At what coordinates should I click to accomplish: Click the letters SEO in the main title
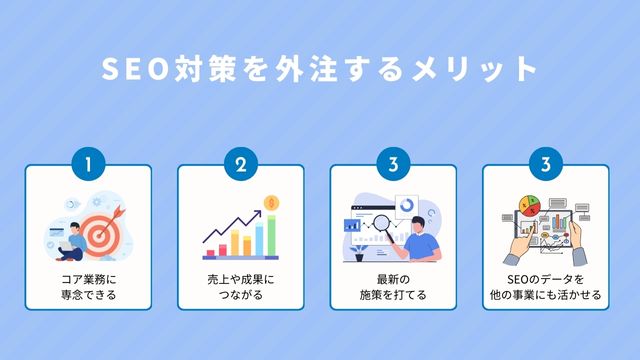tap(132, 70)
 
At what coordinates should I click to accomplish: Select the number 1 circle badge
tap(88, 164)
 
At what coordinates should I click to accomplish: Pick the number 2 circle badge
tap(241, 164)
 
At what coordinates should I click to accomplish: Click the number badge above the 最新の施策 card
tap(393, 164)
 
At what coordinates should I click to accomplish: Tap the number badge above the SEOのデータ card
tap(546, 164)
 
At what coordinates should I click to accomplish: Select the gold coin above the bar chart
tap(270, 203)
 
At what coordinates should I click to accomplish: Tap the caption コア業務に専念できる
tap(88, 288)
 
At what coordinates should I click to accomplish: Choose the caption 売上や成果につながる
tap(241, 288)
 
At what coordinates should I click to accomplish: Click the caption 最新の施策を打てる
tap(393, 288)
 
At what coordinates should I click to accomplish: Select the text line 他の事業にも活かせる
tap(546, 296)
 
